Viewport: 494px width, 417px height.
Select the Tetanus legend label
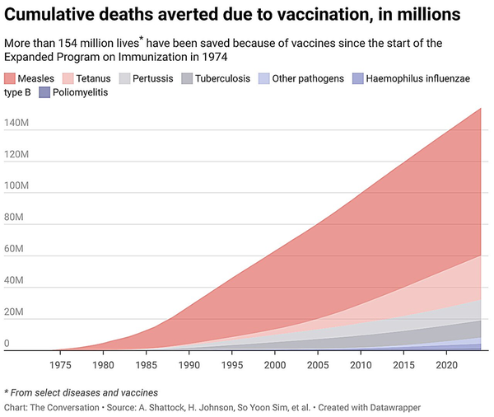coord(93,78)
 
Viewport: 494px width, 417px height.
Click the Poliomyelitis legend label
coord(80,93)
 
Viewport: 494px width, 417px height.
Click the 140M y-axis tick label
coord(17,124)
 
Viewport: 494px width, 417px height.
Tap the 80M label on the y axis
coord(15,218)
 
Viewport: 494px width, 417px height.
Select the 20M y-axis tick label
coord(15,312)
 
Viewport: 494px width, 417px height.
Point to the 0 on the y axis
coord(7,344)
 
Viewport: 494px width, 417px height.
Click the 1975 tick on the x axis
coord(60,363)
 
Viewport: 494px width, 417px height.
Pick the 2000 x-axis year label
coord(274,363)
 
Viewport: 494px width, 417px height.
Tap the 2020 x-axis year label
coord(445,363)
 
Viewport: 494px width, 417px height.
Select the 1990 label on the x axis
coord(189,363)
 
